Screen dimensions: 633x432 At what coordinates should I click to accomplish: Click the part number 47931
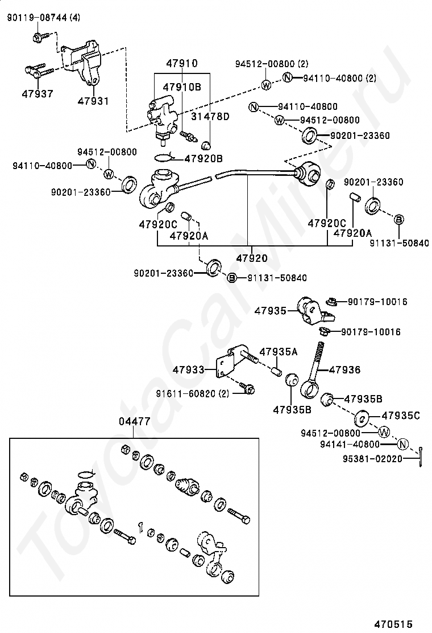(93, 101)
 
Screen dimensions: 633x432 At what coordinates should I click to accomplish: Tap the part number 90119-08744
(38, 18)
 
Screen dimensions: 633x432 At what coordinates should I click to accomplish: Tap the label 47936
(344, 369)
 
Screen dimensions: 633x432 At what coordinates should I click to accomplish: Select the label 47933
(189, 370)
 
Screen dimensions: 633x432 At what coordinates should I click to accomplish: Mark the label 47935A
(279, 352)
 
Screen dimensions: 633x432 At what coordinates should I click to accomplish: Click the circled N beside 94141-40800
(402, 444)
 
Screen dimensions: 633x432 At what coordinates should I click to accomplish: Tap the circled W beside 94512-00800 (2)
(266, 85)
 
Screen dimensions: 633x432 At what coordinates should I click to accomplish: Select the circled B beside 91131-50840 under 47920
(232, 278)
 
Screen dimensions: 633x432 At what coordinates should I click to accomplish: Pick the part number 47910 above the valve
(182, 63)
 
